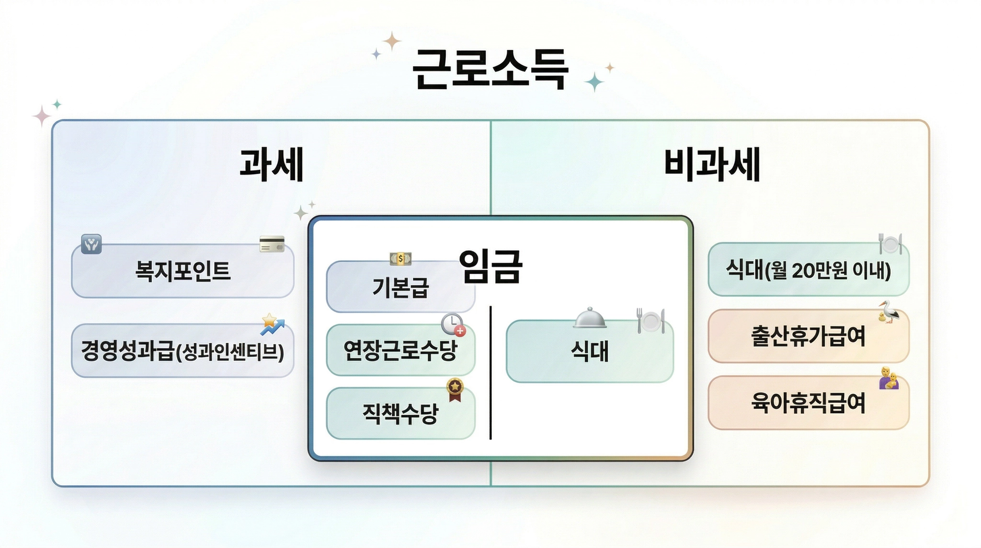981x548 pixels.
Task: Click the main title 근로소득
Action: coord(490,70)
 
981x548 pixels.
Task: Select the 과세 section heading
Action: coord(272,165)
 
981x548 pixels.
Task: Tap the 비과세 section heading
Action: coord(712,165)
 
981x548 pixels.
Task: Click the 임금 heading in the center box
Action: coord(490,267)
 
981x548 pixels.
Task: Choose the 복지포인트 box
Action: coord(183,271)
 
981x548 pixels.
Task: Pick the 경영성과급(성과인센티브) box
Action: coord(183,351)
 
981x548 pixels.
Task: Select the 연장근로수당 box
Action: coord(400,350)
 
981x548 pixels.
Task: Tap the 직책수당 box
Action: coord(400,414)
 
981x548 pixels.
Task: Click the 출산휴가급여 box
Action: coord(808,336)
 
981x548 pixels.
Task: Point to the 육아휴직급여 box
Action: coord(808,403)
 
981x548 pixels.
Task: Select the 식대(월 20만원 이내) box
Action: coord(808,270)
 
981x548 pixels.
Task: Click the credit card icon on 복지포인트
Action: coord(272,244)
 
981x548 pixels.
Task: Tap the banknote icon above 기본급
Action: coord(400,259)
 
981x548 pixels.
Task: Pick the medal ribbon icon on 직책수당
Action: coord(455,389)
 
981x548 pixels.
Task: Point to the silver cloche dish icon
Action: coord(590,318)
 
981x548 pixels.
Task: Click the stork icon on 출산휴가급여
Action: coord(889,312)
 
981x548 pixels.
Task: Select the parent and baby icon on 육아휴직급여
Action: coord(889,378)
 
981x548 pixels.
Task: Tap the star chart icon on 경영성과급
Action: coord(272,325)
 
